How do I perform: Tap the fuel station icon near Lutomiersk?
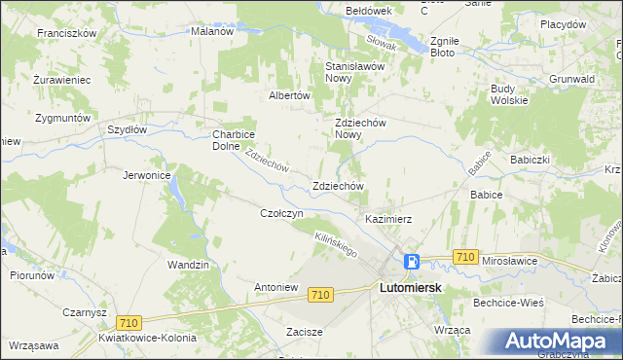pyautogui.click(x=413, y=261)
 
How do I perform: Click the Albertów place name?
pyautogui.click(x=289, y=95)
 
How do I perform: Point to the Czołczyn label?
pyautogui.click(x=283, y=212)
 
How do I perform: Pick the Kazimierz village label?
pyautogui.click(x=389, y=219)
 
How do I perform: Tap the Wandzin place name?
pyautogui.click(x=188, y=265)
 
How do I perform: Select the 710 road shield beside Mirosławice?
pyautogui.click(x=464, y=257)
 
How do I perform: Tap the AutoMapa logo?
pyautogui.click(x=559, y=342)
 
